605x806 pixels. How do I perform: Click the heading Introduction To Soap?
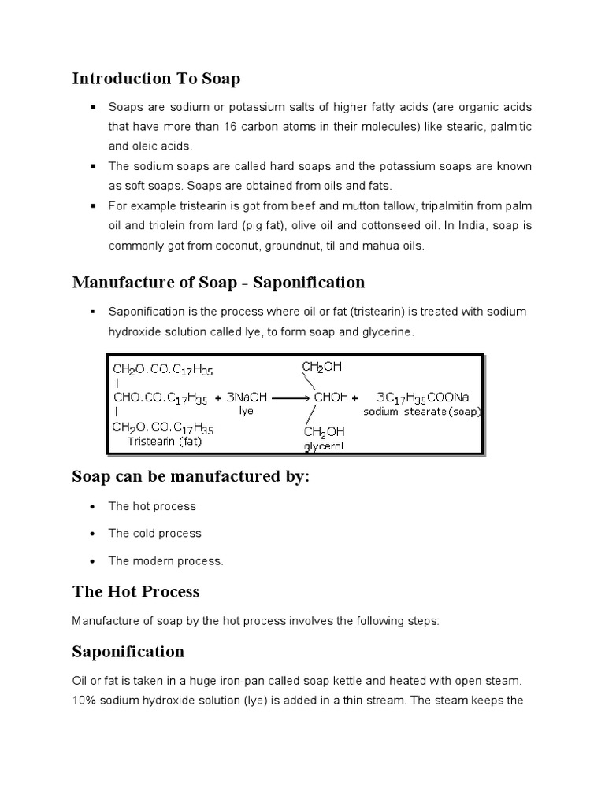156,79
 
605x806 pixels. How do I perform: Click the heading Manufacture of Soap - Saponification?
218,282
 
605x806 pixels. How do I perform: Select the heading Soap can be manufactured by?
187,478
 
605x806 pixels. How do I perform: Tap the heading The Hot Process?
135,591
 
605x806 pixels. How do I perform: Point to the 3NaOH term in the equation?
246,397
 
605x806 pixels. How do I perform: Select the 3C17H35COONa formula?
422,397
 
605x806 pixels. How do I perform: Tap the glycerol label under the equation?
325,446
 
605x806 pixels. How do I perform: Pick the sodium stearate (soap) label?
421,412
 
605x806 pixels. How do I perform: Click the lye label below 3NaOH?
246,411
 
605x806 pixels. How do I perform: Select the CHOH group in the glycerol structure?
331,397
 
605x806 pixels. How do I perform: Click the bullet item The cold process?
154,533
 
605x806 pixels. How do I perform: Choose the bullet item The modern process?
165,561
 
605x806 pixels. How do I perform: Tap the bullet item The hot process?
151,505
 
